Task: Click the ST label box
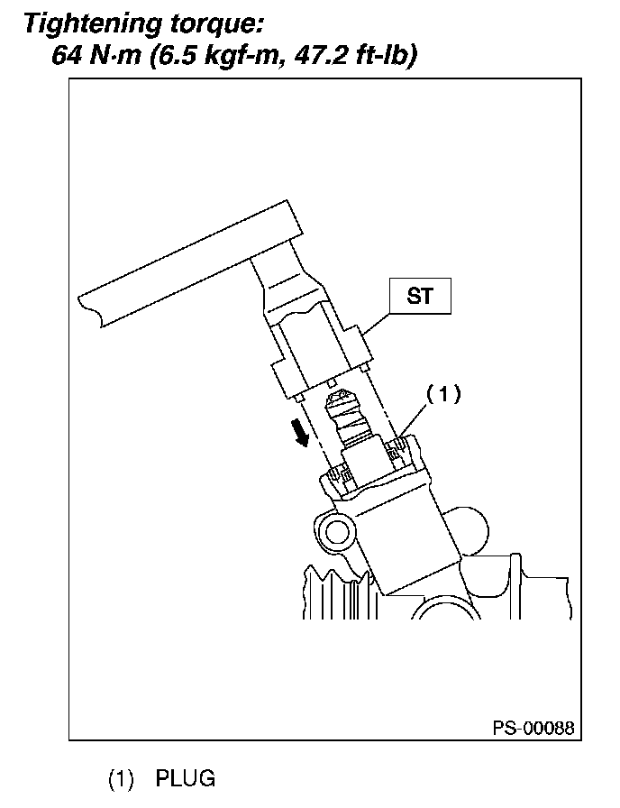pos(420,296)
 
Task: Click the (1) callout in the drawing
pos(442,394)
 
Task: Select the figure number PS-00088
pos(532,728)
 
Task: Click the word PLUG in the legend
pos(186,778)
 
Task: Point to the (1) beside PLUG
pos(123,778)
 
